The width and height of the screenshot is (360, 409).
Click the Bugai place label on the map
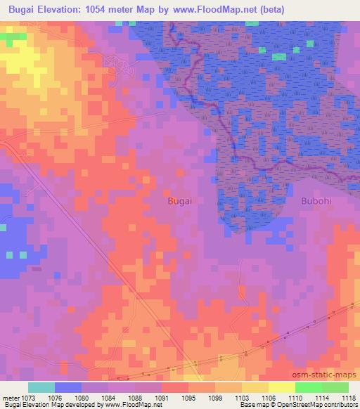(x=180, y=200)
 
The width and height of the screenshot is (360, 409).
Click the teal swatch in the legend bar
(x=41, y=387)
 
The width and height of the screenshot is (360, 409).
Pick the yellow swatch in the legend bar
(x=281, y=387)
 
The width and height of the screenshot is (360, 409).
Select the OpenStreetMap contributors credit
(x=320, y=405)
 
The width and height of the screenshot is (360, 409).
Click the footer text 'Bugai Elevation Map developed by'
(x=49, y=405)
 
